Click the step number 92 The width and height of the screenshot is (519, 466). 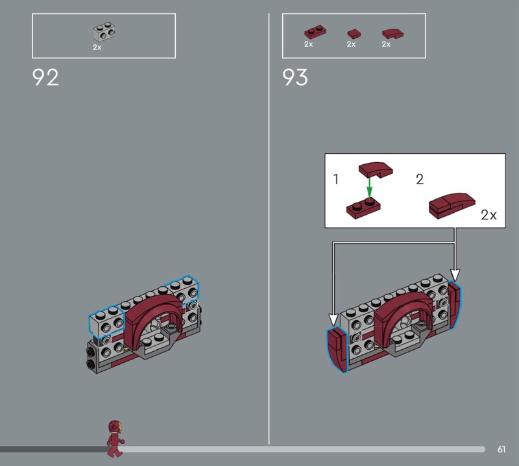(45, 77)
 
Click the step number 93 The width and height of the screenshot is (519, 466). (295, 77)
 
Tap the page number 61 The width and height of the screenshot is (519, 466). (501, 449)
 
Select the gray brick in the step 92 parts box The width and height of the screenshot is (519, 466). (104, 32)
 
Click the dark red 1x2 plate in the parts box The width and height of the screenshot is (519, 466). (315, 32)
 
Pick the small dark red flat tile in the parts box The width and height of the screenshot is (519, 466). (354, 34)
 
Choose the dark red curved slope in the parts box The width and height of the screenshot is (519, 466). (392, 34)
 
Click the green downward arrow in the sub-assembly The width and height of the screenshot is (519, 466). (369, 188)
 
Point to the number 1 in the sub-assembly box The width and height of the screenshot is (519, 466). (336, 179)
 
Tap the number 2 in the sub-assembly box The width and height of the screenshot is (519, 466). (420, 179)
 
